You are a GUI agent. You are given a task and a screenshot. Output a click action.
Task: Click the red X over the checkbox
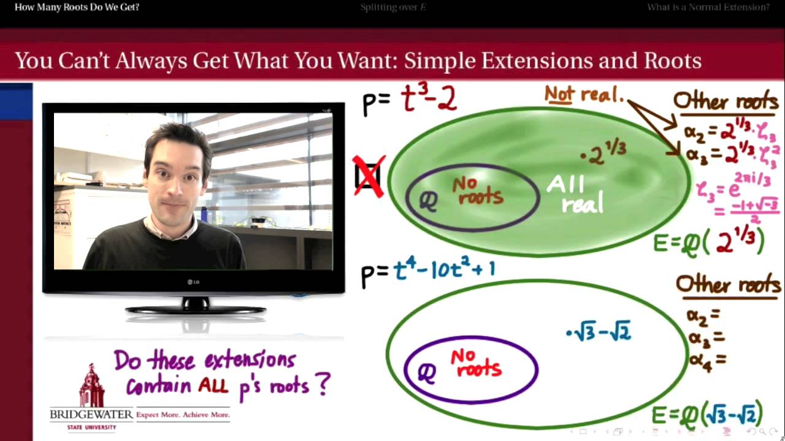(x=369, y=176)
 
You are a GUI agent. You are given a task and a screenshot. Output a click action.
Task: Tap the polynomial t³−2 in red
(x=429, y=99)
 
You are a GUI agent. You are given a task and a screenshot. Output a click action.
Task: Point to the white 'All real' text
(x=575, y=194)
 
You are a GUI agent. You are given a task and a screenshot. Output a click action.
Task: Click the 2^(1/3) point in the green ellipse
(x=603, y=153)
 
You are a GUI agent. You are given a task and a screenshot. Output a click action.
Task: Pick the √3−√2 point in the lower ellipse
(x=599, y=333)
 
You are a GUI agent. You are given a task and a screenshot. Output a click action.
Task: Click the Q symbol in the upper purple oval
(x=427, y=201)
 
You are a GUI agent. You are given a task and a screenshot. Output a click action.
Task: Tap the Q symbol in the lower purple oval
(x=427, y=372)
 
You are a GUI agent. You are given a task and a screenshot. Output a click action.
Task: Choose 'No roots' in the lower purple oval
(x=477, y=363)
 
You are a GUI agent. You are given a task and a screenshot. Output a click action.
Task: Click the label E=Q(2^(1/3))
(x=708, y=241)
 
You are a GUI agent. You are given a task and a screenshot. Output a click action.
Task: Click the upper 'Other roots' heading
(x=726, y=102)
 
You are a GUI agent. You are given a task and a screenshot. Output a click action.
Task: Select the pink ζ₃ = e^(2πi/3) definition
(x=736, y=190)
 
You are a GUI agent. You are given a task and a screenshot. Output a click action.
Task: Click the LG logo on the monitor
(x=193, y=282)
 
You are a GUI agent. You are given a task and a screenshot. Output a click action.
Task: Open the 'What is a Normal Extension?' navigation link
(x=708, y=7)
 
